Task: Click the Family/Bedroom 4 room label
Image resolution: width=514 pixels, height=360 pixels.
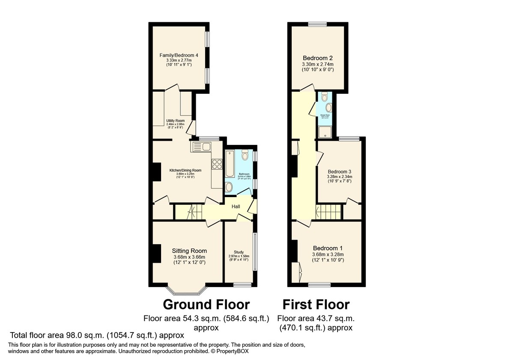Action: point(179,55)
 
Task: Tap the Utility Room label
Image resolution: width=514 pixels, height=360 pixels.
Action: point(175,121)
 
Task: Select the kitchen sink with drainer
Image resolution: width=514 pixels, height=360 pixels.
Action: point(200,147)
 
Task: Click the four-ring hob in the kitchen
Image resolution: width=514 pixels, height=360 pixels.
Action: point(217,163)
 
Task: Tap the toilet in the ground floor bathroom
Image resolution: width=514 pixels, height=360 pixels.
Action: point(245,154)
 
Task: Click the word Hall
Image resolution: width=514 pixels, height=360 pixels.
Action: point(236,207)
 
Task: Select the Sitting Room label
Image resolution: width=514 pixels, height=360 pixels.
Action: point(189,251)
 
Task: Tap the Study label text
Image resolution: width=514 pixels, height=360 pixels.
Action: point(239,252)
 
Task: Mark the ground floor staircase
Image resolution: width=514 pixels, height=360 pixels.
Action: point(188,212)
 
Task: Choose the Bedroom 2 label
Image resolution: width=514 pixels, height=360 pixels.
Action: point(317,58)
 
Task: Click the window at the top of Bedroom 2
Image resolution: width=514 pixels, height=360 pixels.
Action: point(317,24)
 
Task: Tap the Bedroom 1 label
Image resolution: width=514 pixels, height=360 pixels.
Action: point(328,248)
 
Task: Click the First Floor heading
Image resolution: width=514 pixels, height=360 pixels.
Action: point(316,305)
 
